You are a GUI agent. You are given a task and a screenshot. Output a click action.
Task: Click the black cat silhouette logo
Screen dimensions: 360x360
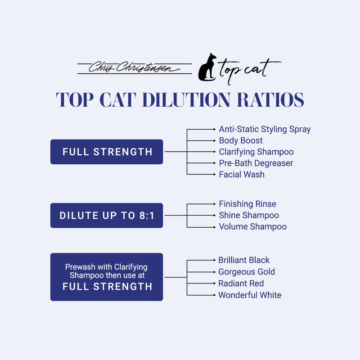[207, 68]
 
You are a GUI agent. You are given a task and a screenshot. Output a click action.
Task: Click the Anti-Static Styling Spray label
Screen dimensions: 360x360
[265, 129]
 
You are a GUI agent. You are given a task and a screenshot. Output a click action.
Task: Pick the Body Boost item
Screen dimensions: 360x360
[241, 140]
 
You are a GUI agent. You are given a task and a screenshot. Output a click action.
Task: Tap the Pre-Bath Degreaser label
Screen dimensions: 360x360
[256, 163]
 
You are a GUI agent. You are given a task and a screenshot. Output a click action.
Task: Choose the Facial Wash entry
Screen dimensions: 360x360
[242, 174]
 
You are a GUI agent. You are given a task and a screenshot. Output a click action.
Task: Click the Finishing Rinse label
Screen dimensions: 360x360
[247, 204]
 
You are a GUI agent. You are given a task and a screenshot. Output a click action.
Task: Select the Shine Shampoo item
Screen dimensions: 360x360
[249, 215]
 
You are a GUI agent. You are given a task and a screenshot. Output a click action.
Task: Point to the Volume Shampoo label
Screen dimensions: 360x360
[252, 226]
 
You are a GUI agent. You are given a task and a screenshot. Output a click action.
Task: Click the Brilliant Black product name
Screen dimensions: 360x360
[244, 260]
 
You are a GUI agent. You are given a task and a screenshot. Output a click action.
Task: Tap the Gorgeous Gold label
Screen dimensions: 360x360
[246, 271]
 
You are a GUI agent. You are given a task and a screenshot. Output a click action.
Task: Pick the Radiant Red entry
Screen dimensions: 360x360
[241, 283]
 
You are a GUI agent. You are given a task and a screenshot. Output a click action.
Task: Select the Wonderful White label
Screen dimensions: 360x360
[250, 295]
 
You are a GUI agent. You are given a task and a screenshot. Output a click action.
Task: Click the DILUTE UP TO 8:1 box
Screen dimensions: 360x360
[107, 216]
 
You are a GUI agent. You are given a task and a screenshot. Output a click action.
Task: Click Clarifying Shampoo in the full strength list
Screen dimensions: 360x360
[256, 152]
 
